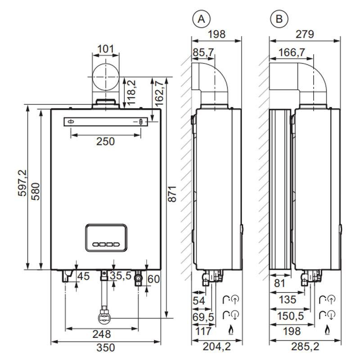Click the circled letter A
[x=201, y=19]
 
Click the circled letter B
[x=279, y=19]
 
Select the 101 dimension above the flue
[x=106, y=48]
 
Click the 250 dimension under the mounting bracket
[x=106, y=141]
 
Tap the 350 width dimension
[x=106, y=347]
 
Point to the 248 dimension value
[x=102, y=334]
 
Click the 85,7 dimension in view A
[x=203, y=53]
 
